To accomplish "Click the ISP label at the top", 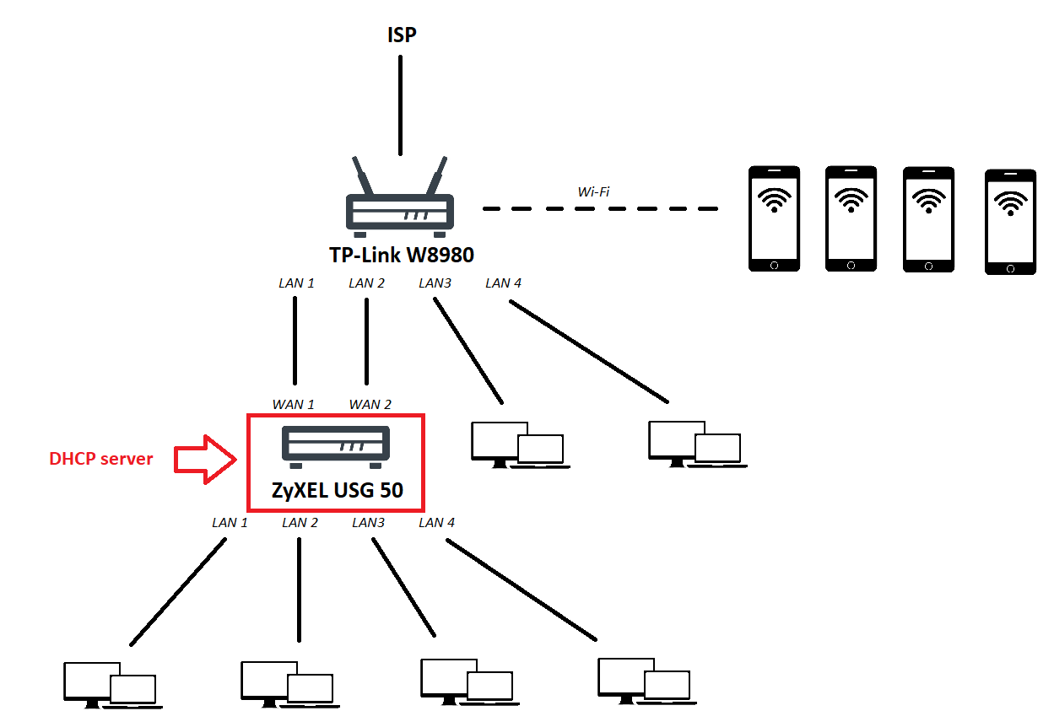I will click(401, 35).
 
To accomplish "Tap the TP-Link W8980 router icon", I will click(400, 202).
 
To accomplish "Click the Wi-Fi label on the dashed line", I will click(593, 192).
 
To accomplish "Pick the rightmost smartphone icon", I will click(1010, 222).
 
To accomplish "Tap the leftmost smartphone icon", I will click(775, 218).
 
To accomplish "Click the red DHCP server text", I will click(101, 459).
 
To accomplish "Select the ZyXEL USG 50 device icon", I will click(335, 448).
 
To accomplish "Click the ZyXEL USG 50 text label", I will click(337, 490).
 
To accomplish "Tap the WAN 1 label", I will click(293, 405).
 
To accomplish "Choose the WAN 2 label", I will click(370, 405).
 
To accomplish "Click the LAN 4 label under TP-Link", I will click(503, 283).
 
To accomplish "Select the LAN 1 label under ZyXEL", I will click(230, 523).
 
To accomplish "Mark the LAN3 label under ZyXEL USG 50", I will click(368, 523).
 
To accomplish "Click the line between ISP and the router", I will click(401, 105).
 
